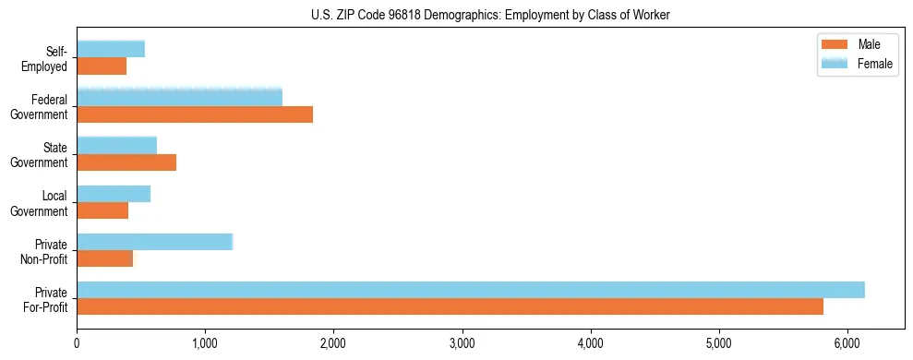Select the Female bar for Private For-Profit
tap(470, 290)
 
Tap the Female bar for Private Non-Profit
tap(154, 242)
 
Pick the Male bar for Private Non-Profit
tap(104, 258)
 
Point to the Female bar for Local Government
tap(114, 194)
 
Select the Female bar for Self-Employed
tap(111, 50)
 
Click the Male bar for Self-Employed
tap(102, 66)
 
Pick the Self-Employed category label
tap(48, 58)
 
